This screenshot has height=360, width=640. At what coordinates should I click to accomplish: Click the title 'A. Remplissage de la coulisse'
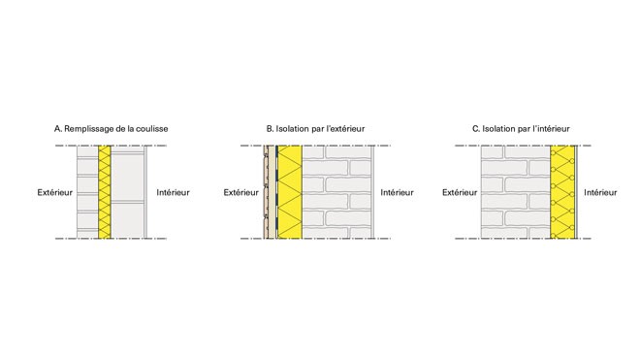pos(111,129)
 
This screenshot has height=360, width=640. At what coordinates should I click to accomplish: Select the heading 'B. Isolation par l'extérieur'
pos(315,129)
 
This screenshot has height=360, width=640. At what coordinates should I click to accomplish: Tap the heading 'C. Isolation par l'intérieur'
pos(521,129)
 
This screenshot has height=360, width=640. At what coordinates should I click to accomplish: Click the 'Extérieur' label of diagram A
pos(54,192)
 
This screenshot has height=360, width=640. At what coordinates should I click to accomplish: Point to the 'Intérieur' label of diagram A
pos(173,192)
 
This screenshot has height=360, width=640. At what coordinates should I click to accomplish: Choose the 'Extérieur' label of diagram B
pos(240,192)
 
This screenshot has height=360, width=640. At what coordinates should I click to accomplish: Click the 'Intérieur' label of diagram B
pos(398,192)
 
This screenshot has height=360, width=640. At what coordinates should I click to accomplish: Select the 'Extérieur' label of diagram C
pos(460,192)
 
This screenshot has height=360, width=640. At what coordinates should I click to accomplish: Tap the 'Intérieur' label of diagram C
pos(600,192)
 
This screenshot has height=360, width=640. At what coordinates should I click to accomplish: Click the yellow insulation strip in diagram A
pos(105,192)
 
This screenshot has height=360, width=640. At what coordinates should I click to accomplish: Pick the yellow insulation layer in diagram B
pos(290,192)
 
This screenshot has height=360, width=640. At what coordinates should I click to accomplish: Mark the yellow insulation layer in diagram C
pos(562,192)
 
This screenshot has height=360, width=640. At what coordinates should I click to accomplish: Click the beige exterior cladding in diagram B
pos(269,192)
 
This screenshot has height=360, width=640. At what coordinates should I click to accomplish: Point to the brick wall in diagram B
pos(336,192)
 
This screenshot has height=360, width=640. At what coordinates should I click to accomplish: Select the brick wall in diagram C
pos(515,192)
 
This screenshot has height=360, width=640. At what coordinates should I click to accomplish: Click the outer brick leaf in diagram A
pos(87,192)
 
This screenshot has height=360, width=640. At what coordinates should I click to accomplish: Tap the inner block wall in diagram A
pos(128,192)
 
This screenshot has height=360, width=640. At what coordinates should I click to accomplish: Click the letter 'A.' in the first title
pos(58,129)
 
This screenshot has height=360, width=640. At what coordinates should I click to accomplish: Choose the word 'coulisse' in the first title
pos(152,129)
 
